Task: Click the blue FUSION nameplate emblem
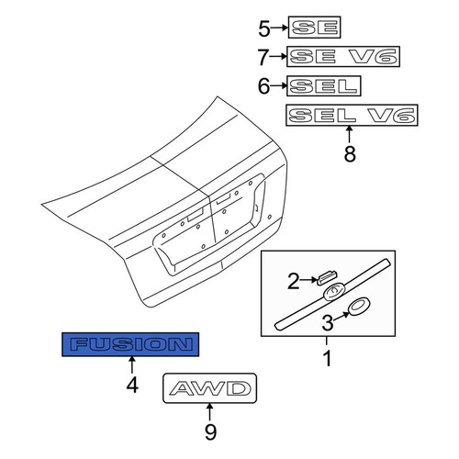tap(130, 344)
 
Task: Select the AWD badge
tap(209, 388)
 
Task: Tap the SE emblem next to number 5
tap(315, 28)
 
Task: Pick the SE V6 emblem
tap(343, 57)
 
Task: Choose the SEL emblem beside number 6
tap(324, 86)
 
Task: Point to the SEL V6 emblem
tap(352, 115)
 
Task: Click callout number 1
tap(328, 358)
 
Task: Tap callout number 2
tap(294, 282)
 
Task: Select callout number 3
tap(328, 323)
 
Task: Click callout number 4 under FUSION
tap(132, 385)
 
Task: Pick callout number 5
tap(264, 29)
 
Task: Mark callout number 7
tap(263, 58)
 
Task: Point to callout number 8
tap(350, 153)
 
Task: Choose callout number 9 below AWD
tap(210, 431)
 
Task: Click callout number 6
tap(263, 86)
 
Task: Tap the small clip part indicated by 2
tap(327, 278)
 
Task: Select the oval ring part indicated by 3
tap(359, 307)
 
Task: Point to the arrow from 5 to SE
tap(279, 28)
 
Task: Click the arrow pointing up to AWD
tap(209, 412)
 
